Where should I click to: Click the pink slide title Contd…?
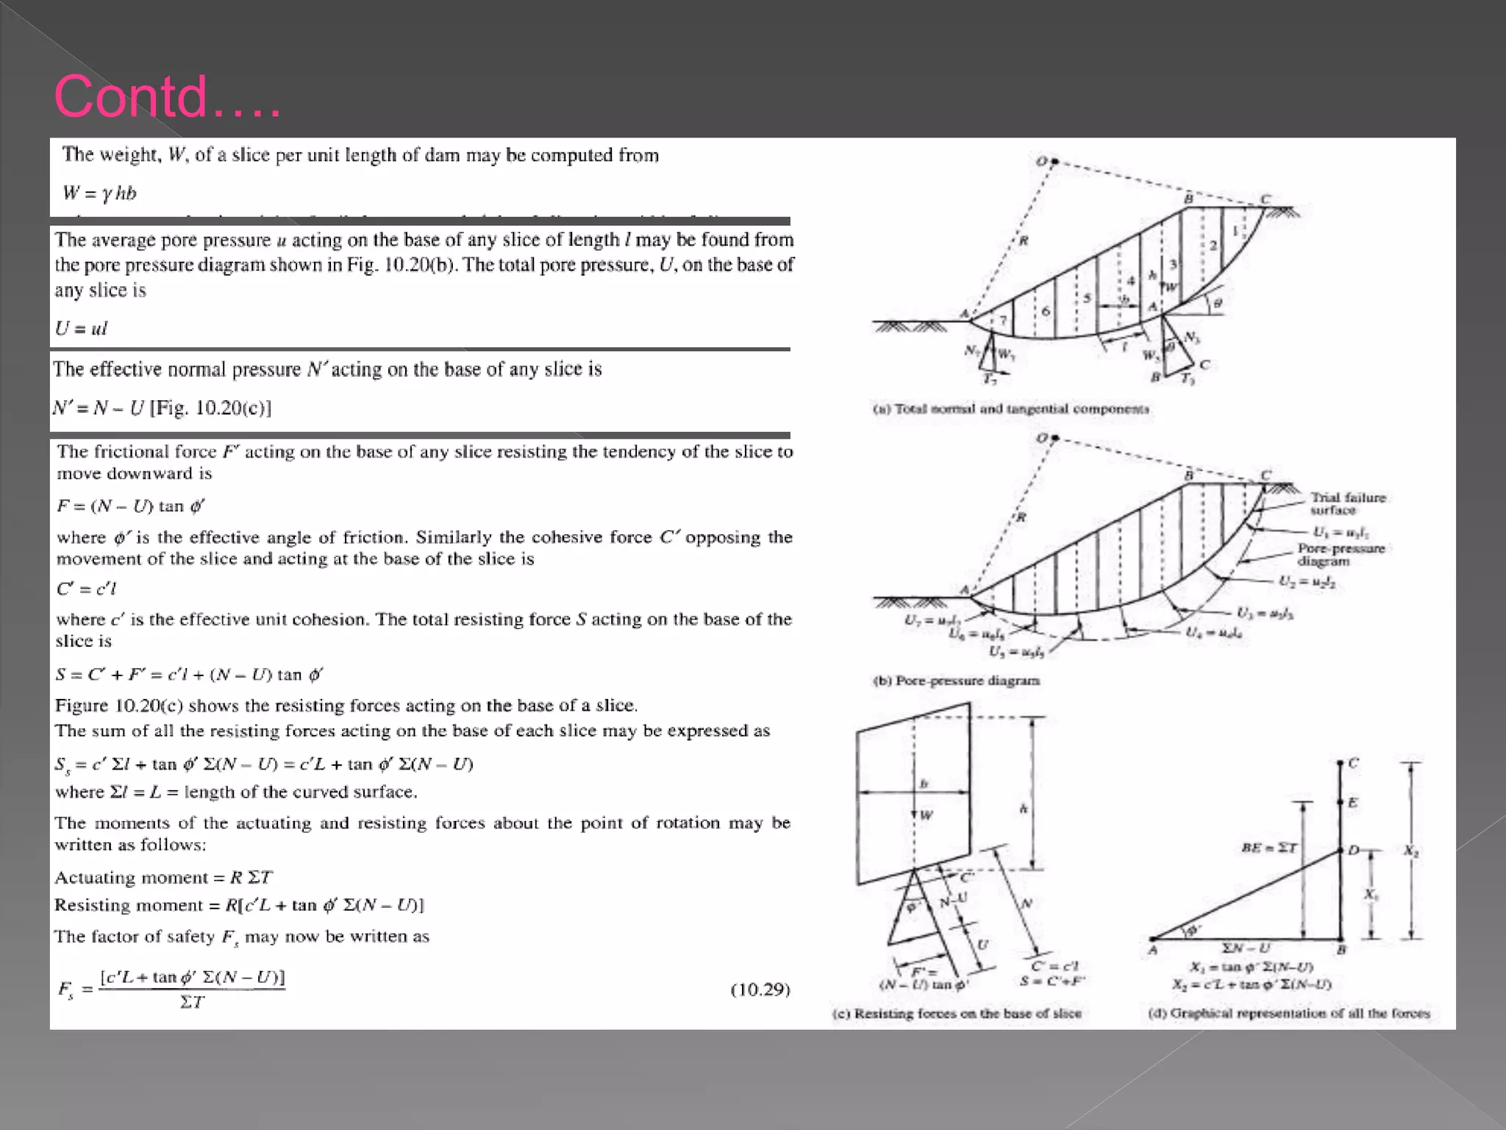[168, 96]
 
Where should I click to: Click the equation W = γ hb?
[99, 193]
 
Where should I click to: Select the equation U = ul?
[81, 329]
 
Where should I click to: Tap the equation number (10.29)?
[760, 989]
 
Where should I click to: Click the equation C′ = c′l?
[86, 589]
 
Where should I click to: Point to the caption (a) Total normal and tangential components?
[1010, 409]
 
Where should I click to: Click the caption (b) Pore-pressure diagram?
[956, 681]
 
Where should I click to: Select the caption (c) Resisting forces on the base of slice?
[957, 1014]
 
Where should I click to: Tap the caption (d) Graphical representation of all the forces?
[1289, 1014]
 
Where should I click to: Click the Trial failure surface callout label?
[1347, 504]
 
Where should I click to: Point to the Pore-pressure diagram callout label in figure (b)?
[1341, 555]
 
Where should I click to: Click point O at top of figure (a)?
[1053, 160]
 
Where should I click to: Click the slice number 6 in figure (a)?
[1045, 312]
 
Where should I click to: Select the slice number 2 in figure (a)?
[1213, 246]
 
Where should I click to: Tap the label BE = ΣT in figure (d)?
[1268, 847]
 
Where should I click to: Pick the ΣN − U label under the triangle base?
[1246, 948]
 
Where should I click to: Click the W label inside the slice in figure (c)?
[925, 815]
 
